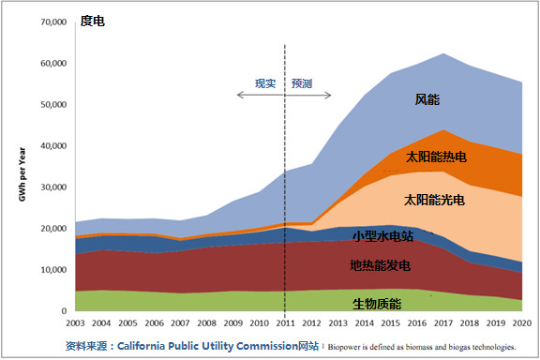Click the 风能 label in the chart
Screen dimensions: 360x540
coord(427,98)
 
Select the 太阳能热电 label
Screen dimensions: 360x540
coord(438,156)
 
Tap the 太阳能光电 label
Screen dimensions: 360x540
coord(434,200)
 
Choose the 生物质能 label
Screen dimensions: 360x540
coord(377,303)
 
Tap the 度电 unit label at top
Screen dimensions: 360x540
coord(92,21)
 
